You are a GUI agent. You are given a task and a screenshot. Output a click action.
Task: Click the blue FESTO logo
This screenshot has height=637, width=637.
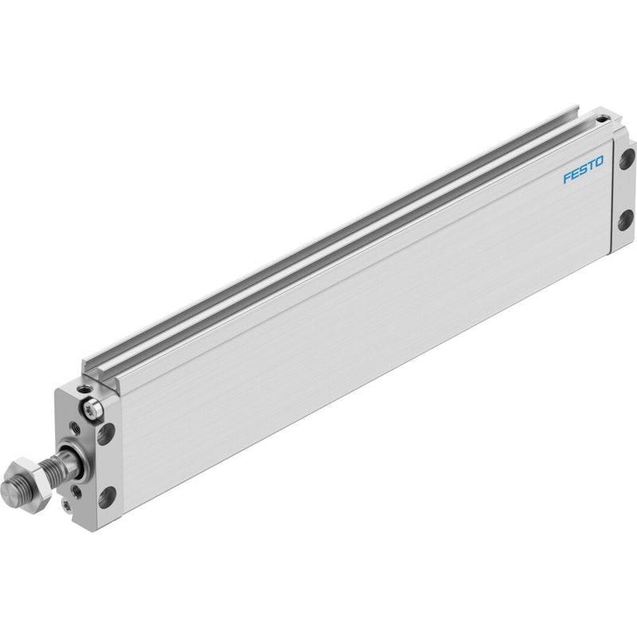click(x=583, y=170)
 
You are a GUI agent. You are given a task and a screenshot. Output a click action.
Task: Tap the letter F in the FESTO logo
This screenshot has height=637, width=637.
click(x=568, y=178)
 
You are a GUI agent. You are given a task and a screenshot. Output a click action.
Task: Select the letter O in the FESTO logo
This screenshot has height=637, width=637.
click(x=599, y=162)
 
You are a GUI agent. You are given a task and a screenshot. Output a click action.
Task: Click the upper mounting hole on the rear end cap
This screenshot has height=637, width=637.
click(x=627, y=158)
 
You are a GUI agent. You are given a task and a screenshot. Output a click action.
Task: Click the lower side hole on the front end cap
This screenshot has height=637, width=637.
click(x=107, y=497)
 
